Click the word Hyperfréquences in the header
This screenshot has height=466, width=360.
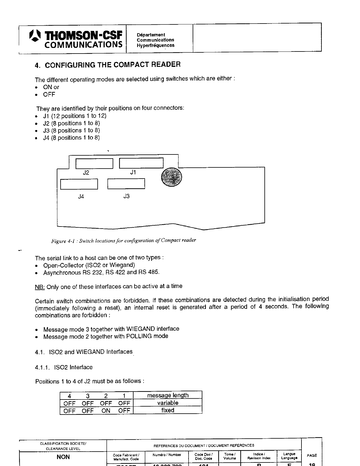point(155,45)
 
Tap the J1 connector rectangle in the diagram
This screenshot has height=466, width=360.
point(141,163)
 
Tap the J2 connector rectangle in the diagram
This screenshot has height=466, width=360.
point(94,164)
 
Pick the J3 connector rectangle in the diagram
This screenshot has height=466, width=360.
point(126,184)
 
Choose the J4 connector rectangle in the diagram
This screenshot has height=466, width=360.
point(79,184)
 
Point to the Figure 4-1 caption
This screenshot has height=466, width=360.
point(124,241)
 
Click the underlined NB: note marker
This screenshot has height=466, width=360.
point(40,287)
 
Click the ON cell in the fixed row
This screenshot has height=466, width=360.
point(106,411)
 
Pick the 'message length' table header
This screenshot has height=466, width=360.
point(168,395)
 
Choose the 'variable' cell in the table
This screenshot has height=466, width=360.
point(168,403)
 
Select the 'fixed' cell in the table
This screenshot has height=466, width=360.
point(168,410)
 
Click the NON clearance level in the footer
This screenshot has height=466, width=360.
point(63,457)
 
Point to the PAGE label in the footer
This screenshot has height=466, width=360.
point(312,455)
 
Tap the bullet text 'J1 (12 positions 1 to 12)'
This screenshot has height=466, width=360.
point(75,116)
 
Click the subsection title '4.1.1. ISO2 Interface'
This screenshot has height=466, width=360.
point(64,367)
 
